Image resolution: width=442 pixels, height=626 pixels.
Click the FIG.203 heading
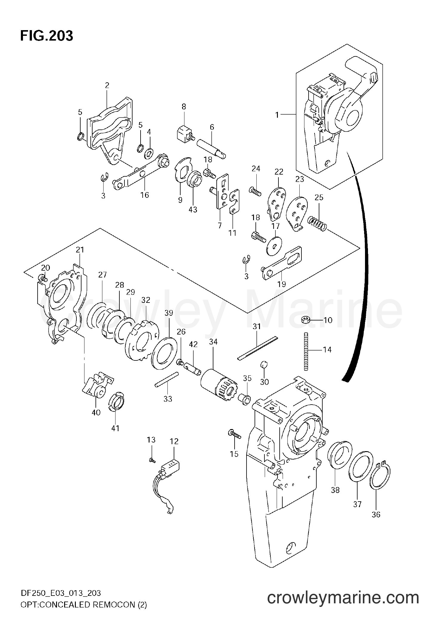[x=47, y=36]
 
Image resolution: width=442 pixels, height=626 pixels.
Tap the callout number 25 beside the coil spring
[x=319, y=198]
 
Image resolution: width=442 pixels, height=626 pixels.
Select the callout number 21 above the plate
[x=80, y=250]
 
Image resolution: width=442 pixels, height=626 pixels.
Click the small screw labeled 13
[x=152, y=461]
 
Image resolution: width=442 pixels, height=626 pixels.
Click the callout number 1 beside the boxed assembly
[x=277, y=115]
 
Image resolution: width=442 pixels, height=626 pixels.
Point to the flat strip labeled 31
[x=257, y=348]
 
